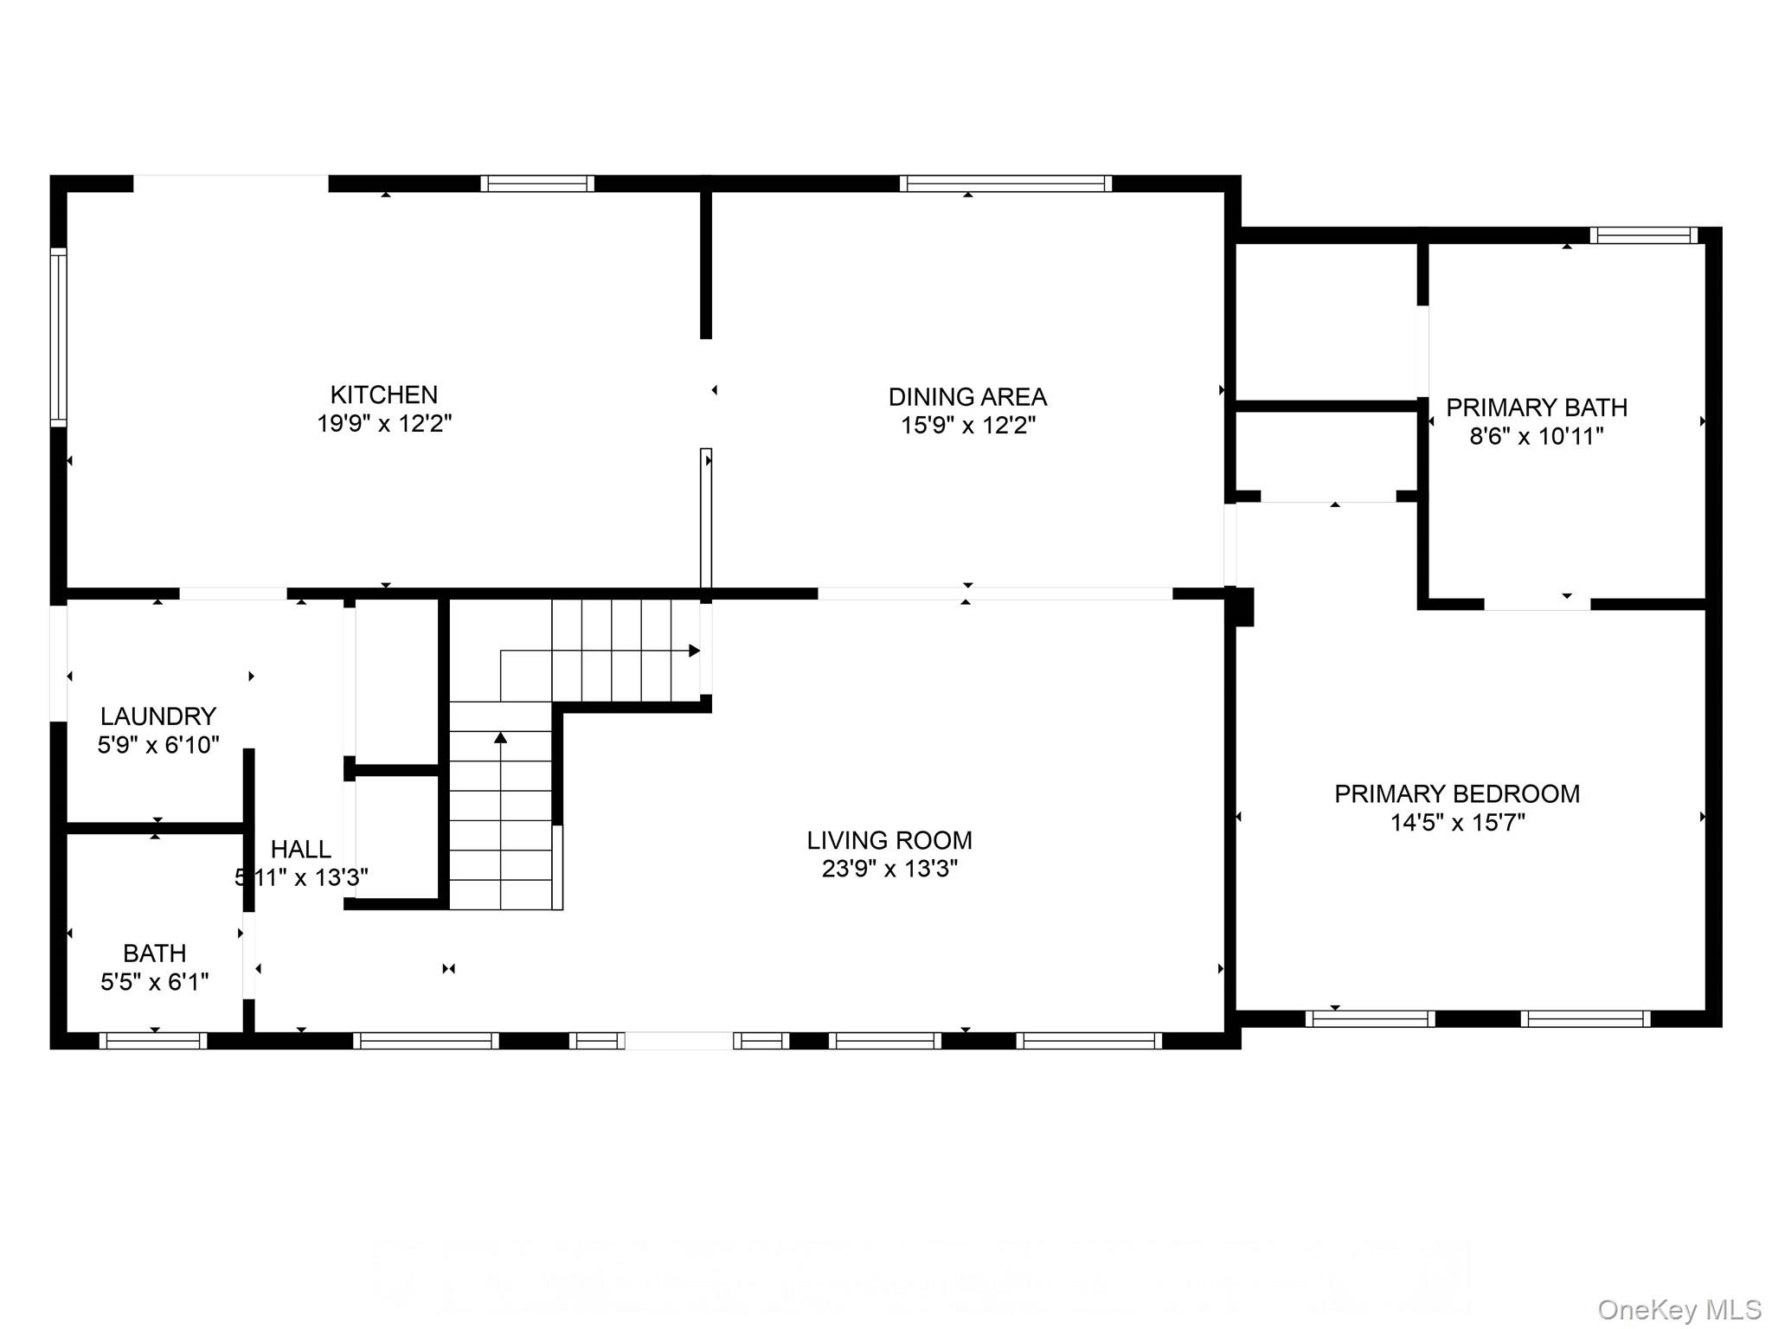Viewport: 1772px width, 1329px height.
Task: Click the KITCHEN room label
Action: tap(383, 395)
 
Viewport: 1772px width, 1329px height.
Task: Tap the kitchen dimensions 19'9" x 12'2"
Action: tap(383, 424)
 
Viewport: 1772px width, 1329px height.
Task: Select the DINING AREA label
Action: tap(967, 397)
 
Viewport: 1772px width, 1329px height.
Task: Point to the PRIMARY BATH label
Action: tap(1537, 408)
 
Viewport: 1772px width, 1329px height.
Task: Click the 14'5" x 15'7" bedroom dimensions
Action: tap(1457, 823)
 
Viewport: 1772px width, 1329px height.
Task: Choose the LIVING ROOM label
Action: tap(889, 840)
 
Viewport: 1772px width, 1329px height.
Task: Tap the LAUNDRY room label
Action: tap(157, 716)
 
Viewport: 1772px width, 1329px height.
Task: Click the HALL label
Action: tap(300, 849)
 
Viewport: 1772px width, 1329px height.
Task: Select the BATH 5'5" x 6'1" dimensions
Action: tap(154, 982)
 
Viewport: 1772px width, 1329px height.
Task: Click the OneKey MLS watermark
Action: tap(1679, 1310)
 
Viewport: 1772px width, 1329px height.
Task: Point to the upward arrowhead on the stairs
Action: tap(500, 738)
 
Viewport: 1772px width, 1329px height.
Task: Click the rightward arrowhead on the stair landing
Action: tap(694, 651)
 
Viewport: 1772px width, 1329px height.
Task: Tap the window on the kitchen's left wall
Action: tap(58, 337)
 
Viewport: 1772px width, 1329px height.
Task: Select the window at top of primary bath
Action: tap(1643, 235)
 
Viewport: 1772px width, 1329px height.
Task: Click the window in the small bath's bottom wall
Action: tap(153, 1041)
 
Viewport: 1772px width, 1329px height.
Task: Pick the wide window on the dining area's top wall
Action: tap(1005, 183)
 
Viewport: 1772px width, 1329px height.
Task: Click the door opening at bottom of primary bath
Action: tap(1537, 603)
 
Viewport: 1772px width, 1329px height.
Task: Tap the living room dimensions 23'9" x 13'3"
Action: tap(889, 869)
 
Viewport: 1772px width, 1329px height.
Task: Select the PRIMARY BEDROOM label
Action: tap(1457, 793)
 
